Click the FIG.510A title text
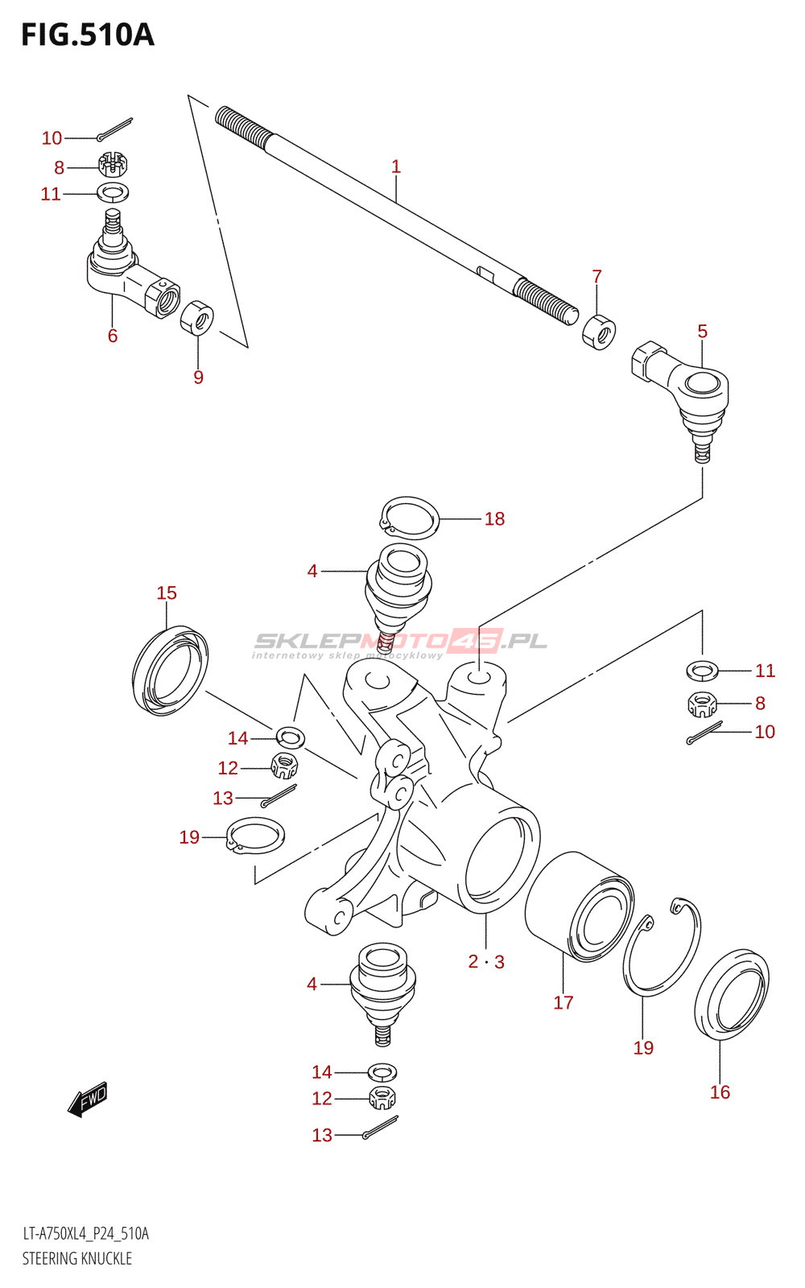pyautogui.click(x=88, y=35)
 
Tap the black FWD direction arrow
pyautogui.click(x=88, y=1099)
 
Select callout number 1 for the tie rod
pyautogui.click(x=395, y=167)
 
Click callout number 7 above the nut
pyautogui.click(x=597, y=277)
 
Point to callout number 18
pyautogui.click(x=494, y=518)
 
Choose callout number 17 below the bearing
pyautogui.click(x=563, y=1002)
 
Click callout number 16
pyautogui.click(x=720, y=1092)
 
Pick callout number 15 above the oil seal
pyautogui.click(x=167, y=592)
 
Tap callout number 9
pyautogui.click(x=198, y=378)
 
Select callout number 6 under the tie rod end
pyautogui.click(x=113, y=335)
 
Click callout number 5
pyautogui.click(x=703, y=331)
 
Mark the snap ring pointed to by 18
pyautogui.click(x=410, y=518)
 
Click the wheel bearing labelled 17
pyautogui.click(x=580, y=909)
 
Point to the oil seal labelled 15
pyautogui.click(x=170, y=671)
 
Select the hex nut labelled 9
pyautogui.click(x=196, y=317)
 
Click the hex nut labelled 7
pyautogui.click(x=599, y=332)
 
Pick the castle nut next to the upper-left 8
pyautogui.click(x=114, y=164)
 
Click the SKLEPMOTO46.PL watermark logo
pyautogui.click(x=400, y=644)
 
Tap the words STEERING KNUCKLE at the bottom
pyautogui.click(x=77, y=1258)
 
